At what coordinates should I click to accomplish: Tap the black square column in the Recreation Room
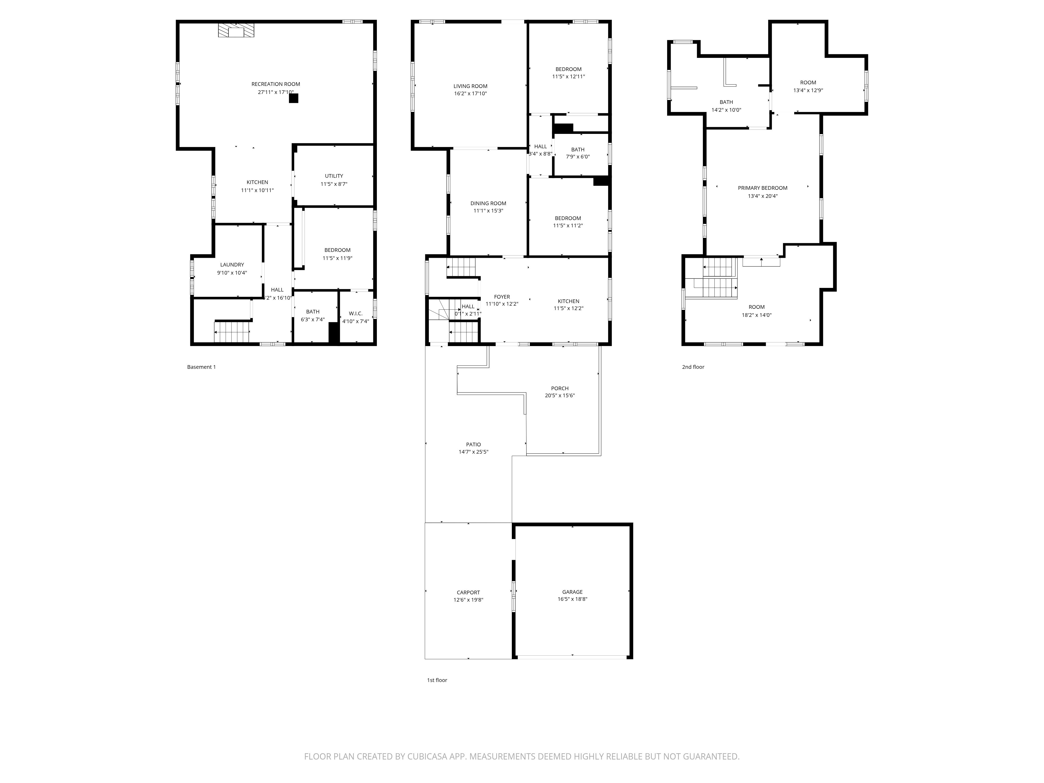coord(294,98)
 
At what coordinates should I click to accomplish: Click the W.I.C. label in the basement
coord(355,313)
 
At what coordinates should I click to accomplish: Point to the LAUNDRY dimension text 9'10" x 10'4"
coord(232,273)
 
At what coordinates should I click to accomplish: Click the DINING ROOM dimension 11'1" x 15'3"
coord(488,211)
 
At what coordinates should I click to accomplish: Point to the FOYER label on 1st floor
coord(502,297)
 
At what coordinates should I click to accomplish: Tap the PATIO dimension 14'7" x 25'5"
coord(473,452)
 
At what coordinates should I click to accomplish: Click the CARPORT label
coord(468,592)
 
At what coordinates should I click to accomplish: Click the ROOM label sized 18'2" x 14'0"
coord(756,307)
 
